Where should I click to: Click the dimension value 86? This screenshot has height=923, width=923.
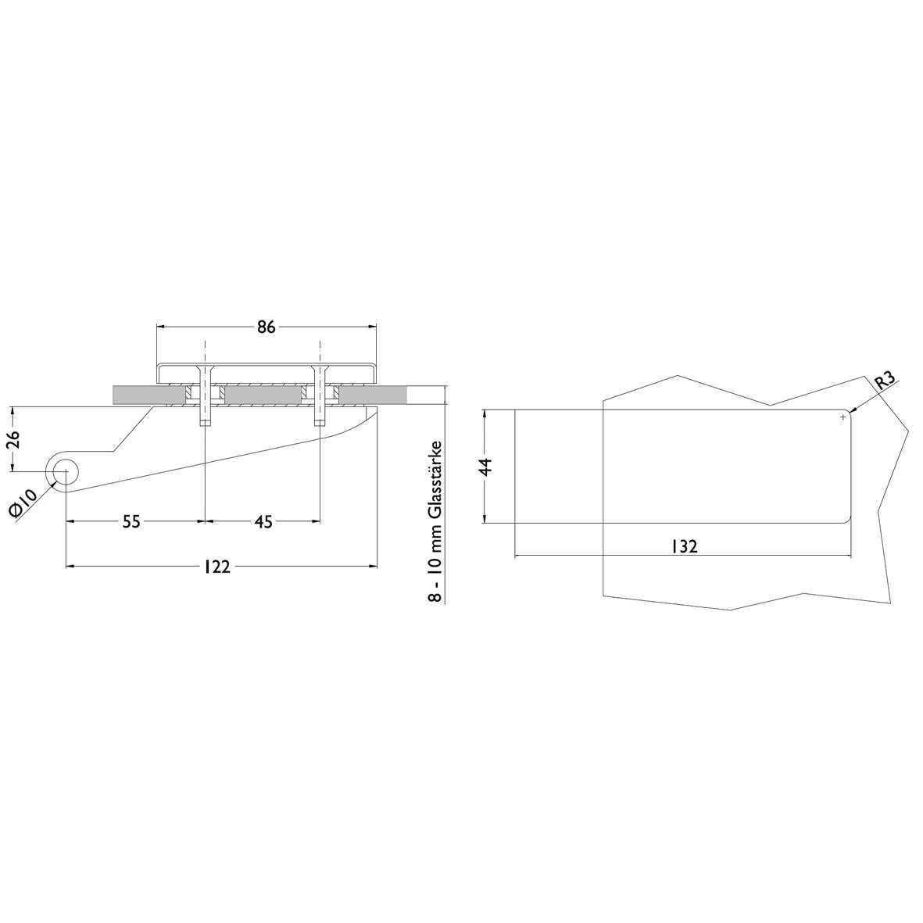pyautogui.click(x=266, y=327)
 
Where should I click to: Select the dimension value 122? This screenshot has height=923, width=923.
pyautogui.click(x=217, y=567)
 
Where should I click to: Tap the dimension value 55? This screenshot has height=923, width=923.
pyautogui.click(x=131, y=521)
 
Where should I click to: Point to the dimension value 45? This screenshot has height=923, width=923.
pyautogui.click(x=264, y=521)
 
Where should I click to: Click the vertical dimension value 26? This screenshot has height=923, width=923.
pyautogui.click(x=14, y=439)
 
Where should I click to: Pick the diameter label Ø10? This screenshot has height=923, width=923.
pyautogui.click(x=23, y=504)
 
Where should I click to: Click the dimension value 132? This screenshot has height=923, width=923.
pyautogui.click(x=684, y=546)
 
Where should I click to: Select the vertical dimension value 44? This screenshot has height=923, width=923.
pyautogui.click(x=486, y=467)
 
